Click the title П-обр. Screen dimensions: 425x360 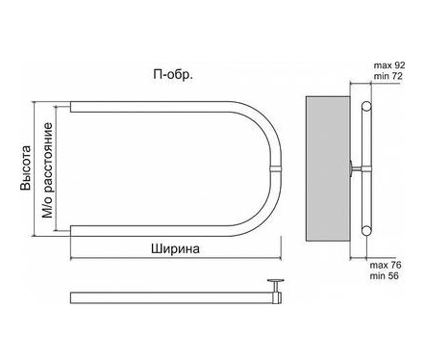(x=173, y=75)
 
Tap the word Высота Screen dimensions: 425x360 (x=26, y=168)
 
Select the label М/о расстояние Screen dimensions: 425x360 (x=47, y=170)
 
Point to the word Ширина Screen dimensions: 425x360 (x=175, y=248)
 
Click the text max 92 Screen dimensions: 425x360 (x=389, y=65)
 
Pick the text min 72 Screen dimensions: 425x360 (x=388, y=76)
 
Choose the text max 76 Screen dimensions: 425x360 (x=386, y=266)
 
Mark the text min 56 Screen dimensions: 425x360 (x=385, y=276)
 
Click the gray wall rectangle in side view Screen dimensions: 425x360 (x=328, y=168)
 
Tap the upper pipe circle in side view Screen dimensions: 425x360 (x=366, y=106)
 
